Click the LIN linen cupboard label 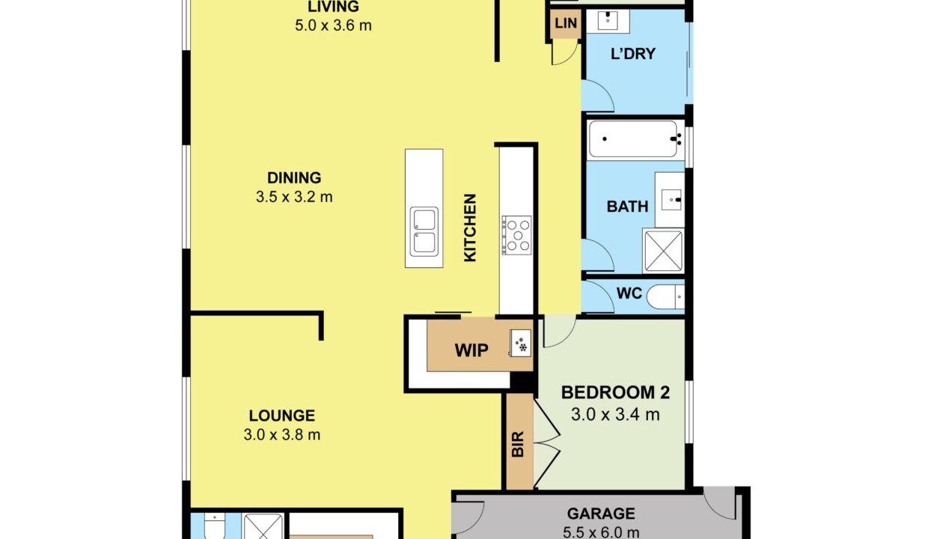tap(566, 23)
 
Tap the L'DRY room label tap(633, 54)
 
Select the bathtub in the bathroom tap(635, 138)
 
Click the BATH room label tap(627, 207)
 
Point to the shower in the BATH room tap(663, 251)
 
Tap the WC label tap(629, 293)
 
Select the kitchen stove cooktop tap(516, 235)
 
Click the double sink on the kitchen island tap(424, 231)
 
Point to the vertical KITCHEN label tap(470, 228)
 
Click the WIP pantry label tap(471, 350)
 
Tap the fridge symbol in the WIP tap(520, 343)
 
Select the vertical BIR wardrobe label tap(518, 444)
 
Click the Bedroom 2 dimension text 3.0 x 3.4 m tap(615, 414)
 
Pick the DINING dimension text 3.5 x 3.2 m tap(294, 197)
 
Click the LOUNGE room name tap(281, 415)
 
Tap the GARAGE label tap(601, 514)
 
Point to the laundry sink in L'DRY tap(608, 20)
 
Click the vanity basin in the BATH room tap(671, 200)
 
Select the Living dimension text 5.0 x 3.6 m tap(333, 25)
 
